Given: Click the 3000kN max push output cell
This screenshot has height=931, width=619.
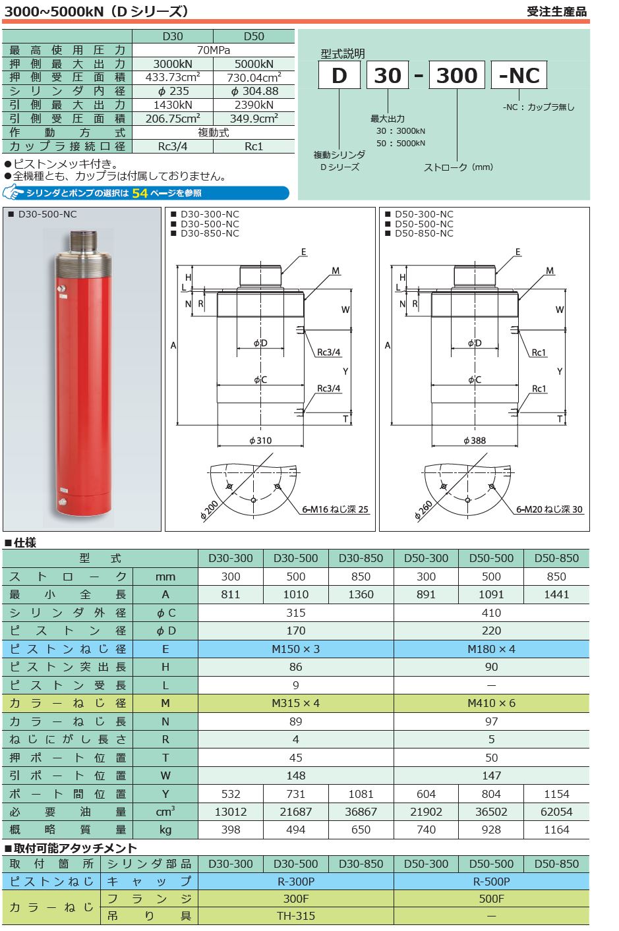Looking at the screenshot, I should pos(173,64).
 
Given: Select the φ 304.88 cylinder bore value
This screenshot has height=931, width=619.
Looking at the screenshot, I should pos(254,91).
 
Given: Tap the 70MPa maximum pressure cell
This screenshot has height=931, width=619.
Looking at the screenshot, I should pos(213,50).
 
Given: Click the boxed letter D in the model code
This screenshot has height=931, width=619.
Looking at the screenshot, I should pos(339,75).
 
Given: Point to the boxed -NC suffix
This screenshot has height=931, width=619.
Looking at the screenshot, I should pos(519,75).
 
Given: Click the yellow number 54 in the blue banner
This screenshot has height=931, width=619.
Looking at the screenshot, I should pos(140,193).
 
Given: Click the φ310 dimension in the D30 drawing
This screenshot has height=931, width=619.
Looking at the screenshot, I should pos(260,440).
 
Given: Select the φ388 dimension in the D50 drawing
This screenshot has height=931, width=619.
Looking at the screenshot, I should pos(474,440).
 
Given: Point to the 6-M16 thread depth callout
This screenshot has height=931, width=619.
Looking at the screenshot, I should pos(335,509).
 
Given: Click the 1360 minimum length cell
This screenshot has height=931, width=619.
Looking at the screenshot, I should pos(361,594).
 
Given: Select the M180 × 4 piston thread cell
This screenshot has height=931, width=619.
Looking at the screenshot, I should pos(491,649).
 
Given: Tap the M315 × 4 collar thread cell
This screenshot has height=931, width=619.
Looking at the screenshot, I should pos(295,703).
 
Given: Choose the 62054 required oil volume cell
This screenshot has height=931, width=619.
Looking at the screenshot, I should pos(556,812).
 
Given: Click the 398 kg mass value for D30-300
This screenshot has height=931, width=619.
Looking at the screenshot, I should pos(231,830).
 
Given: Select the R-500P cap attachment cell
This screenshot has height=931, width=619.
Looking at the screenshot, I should pos(491,881).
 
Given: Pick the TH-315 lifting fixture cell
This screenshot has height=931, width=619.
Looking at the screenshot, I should pos(295,916).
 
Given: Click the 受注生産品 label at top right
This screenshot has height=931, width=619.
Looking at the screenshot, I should pos(556,11).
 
